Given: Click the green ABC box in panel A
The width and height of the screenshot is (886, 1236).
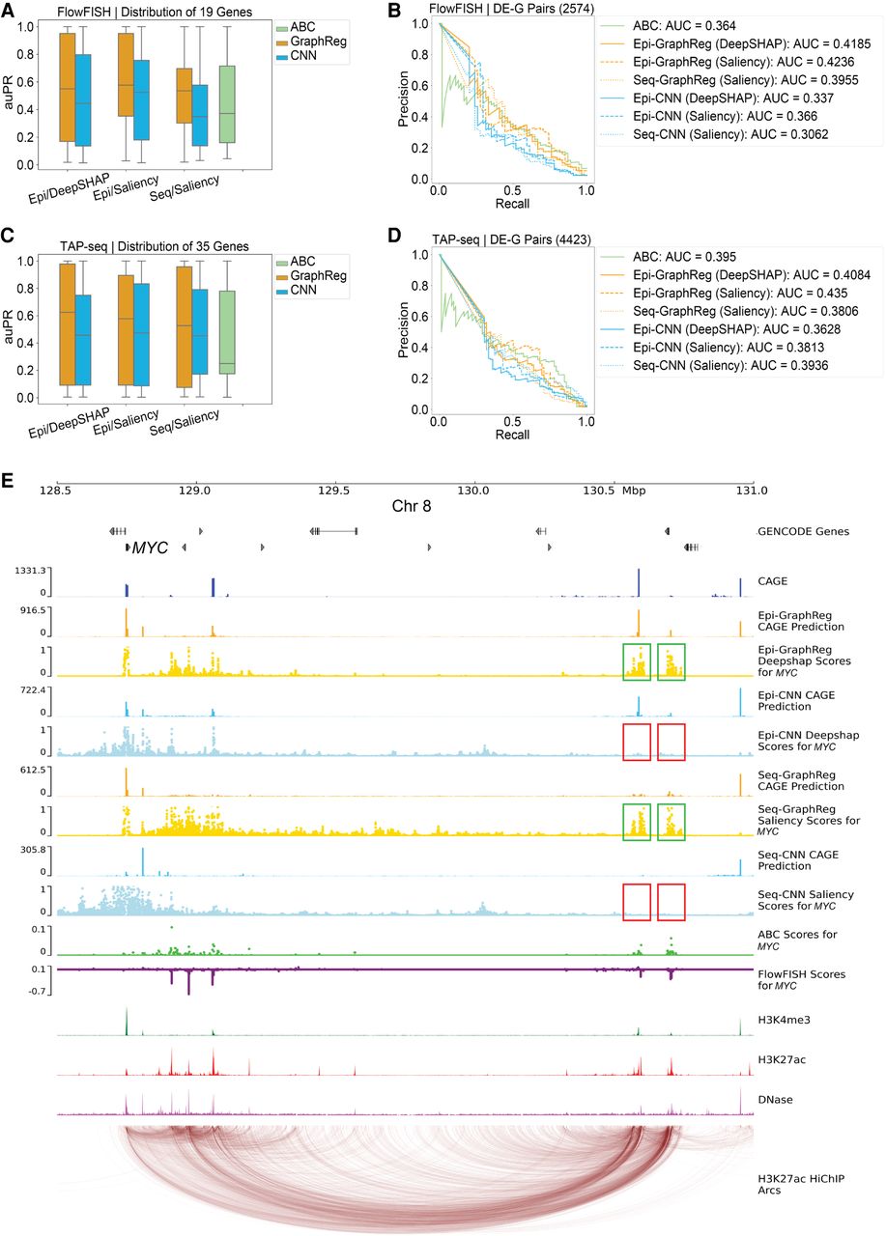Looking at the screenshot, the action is point(227,104).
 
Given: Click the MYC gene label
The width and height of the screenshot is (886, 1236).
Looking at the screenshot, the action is point(150,548).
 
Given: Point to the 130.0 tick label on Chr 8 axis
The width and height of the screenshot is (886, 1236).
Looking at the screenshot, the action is point(473,491).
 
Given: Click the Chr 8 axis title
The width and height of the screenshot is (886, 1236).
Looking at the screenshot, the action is point(412,506).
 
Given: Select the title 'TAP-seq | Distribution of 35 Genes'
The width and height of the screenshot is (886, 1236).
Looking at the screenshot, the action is point(155,246).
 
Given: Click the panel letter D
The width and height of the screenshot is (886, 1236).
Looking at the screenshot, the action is point(394,236).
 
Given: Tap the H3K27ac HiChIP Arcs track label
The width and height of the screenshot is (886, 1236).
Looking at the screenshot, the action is point(801,1184).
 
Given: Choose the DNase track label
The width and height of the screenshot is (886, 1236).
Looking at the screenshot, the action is point(776,1100).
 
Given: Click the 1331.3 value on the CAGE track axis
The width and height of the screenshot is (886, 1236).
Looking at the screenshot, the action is point(30,570).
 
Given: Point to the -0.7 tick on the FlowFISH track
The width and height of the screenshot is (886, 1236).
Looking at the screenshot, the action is point(38,991).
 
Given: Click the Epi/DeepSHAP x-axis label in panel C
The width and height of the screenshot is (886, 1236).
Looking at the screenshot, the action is point(70,423).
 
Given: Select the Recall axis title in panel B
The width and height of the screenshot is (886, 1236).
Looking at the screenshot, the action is point(512,204).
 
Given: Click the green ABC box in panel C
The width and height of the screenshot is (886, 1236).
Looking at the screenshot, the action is point(227,332).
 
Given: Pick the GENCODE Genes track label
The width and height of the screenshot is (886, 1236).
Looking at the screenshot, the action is point(803,531).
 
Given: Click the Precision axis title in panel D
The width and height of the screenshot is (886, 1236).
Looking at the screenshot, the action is point(404,330).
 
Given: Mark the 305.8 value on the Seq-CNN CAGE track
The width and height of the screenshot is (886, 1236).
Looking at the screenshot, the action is point(33,849).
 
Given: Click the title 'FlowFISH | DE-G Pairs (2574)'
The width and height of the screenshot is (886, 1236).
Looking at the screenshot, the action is point(512,9).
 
